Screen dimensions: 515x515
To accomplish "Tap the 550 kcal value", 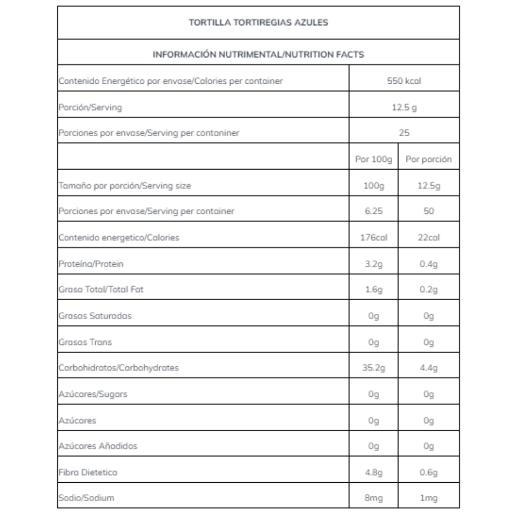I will tap(404, 81).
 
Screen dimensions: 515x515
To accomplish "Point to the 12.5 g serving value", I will tap(404, 108).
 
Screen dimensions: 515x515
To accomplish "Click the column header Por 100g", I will tap(374, 160).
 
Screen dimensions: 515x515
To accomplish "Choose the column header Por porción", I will tap(428, 160).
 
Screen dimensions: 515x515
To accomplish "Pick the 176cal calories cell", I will tap(374, 238).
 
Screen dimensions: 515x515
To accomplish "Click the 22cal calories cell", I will tap(428, 238).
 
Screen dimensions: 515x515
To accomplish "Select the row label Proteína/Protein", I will tap(92, 264).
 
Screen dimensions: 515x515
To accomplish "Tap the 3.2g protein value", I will tap(374, 264).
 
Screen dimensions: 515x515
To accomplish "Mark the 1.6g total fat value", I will tap(374, 290).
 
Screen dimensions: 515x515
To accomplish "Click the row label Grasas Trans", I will tap(85, 342).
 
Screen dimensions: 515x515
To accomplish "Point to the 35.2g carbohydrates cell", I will tap(374, 368).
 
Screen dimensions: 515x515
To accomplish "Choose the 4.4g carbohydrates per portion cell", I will tap(428, 368).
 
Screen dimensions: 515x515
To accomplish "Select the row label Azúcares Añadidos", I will tap(98, 446).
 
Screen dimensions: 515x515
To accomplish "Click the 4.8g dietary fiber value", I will tap(374, 472).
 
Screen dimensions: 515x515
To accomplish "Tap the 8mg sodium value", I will tap(374, 498).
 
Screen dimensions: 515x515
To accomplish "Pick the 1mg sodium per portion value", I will tap(428, 498).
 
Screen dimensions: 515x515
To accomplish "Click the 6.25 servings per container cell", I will tap(374, 212).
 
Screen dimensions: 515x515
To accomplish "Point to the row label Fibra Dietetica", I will tap(88, 472).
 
